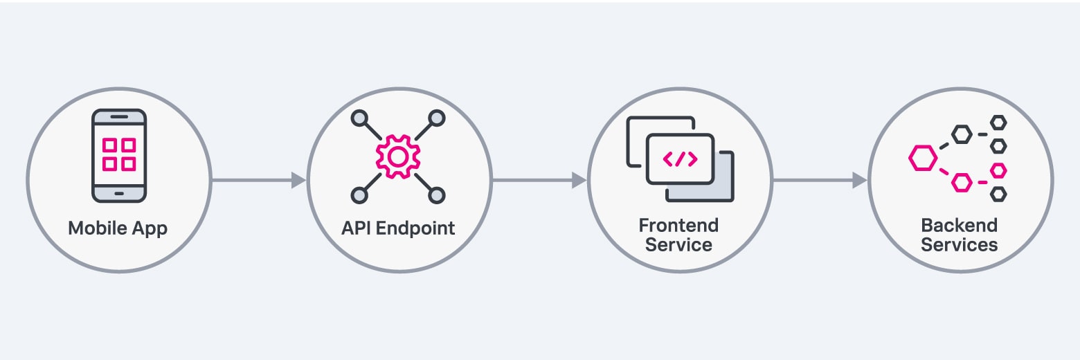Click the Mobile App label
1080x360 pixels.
coord(118,228)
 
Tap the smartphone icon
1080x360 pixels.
coord(119,155)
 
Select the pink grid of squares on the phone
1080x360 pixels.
coord(119,154)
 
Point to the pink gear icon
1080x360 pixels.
coord(397,157)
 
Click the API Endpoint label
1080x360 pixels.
coord(398,228)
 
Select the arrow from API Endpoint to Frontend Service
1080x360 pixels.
coord(539,181)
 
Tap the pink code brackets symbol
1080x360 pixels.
coord(680,159)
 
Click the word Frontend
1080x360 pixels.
coord(678,226)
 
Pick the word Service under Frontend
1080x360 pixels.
coord(678,245)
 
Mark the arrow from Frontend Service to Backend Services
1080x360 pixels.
coord(820,181)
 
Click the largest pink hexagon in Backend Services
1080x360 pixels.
coord(922,159)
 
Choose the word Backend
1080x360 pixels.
coord(959,226)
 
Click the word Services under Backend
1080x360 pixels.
coord(959,245)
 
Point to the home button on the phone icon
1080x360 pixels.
coord(119,193)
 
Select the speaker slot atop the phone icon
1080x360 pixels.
coord(119,117)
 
